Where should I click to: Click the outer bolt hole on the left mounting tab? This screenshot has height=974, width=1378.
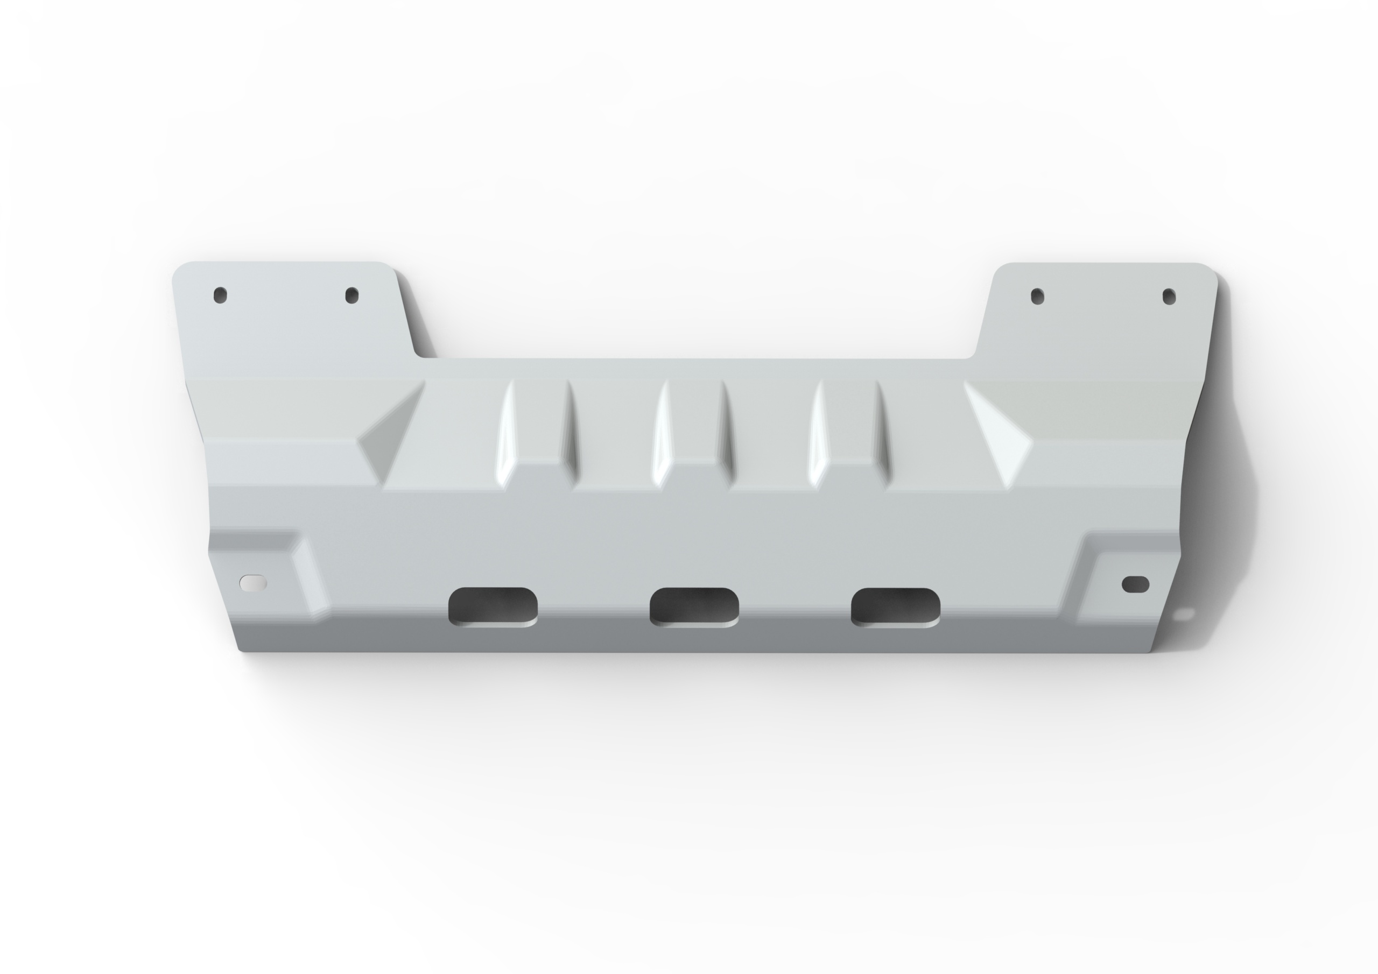tap(220, 295)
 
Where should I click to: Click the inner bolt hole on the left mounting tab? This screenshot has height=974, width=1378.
tap(351, 295)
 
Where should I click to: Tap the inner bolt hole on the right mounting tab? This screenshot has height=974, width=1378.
tap(1038, 296)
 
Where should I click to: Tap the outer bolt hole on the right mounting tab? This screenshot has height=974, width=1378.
tap(1169, 296)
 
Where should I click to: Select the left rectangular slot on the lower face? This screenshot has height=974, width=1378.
tap(493, 606)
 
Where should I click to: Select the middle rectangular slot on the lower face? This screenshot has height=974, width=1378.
tap(694, 606)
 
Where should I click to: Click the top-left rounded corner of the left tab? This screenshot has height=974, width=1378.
tap(178, 269)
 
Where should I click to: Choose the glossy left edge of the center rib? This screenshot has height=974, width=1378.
tap(660, 432)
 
